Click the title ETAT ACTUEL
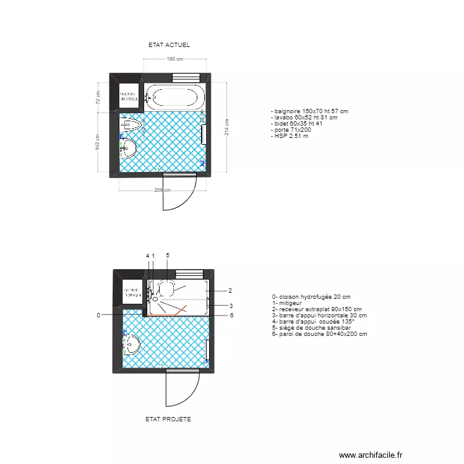coord(169,45)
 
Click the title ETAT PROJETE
coord(168,419)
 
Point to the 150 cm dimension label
coord(174,59)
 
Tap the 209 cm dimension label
coord(162,190)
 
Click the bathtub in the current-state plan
coord(174,97)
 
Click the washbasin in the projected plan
coord(131,344)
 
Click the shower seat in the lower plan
coord(166,287)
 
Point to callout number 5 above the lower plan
coord(167,256)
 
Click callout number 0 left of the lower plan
coord(98,316)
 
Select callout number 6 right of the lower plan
coord(231,316)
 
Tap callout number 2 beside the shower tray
coord(230,290)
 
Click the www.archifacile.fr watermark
coord(371,454)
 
